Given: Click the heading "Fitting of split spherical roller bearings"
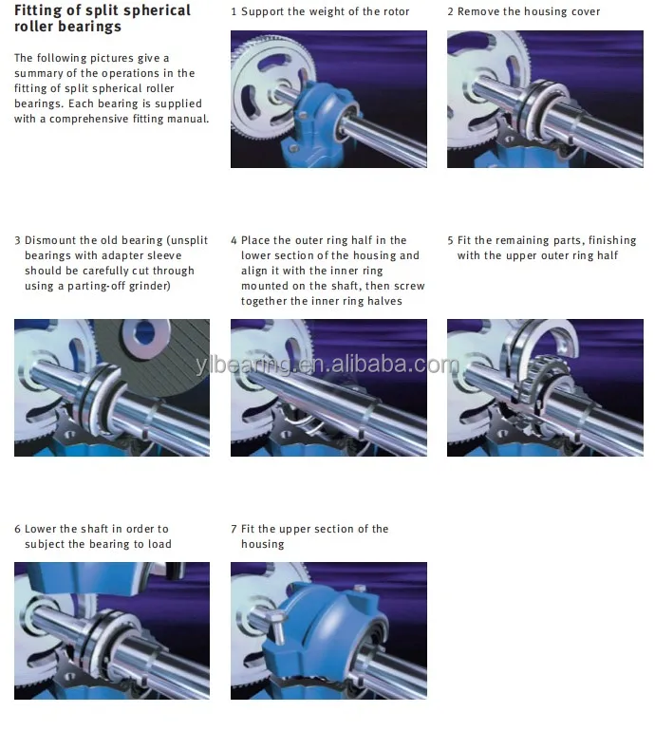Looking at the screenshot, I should [x=103, y=18].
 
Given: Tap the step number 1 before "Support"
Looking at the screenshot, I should [x=234, y=11].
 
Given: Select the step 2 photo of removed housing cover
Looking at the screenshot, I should [x=545, y=99].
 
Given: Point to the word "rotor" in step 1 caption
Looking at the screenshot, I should [x=394, y=11].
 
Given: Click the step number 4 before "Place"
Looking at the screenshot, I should [x=234, y=240].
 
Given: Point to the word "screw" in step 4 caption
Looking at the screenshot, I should [x=408, y=286].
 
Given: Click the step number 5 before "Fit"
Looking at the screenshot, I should [x=450, y=240].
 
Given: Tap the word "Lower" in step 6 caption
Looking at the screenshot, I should [x=42, y=529].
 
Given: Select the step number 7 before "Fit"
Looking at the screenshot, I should [x=234, y=529].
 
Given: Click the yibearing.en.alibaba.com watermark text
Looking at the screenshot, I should [x=327, y=365].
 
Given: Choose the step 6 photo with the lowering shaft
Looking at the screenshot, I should [x=112, y=630].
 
